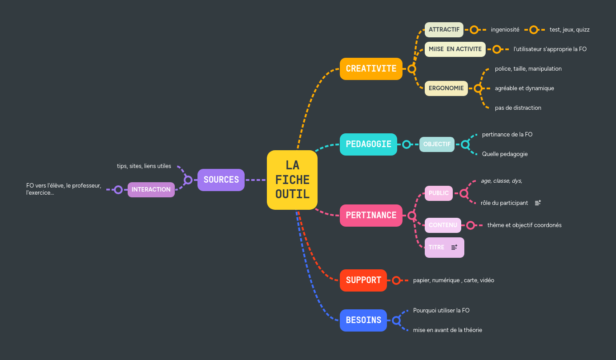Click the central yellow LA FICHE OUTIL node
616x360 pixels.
coord(292,180)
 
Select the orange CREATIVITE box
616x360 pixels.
coord(371,69)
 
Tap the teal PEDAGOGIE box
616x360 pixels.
coord(368,144)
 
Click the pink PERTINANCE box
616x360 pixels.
coord(371,216)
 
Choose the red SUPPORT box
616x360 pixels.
coord(363,280)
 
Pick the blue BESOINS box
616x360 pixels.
coord(363,320)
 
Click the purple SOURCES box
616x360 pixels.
coord(221,180)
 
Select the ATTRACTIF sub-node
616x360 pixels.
coord(444,30)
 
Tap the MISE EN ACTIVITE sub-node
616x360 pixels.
coord(455,49)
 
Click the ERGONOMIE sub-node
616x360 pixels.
coord(446,88)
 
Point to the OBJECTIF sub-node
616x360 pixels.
coord(437,144)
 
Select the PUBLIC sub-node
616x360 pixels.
coord(439,193)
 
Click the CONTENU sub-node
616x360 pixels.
coord(443,225)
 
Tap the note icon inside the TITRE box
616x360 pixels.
coord(454,248)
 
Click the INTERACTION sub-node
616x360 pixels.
coord(151,190)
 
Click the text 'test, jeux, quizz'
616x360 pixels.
coord(569,30)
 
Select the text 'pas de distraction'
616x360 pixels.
coord(518,108)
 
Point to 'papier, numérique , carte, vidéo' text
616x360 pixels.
coord(453,280)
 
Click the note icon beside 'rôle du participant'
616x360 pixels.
coord(538,203)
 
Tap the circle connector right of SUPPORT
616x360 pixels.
coord(396,280)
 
